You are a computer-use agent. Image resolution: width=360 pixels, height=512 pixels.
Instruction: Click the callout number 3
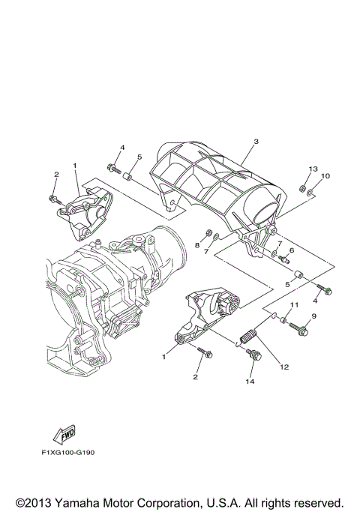click(x=255, y=142)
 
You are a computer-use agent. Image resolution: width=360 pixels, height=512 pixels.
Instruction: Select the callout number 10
click(x=325, y=176)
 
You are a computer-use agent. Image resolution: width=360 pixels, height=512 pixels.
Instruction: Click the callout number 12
click(x=283, y=367)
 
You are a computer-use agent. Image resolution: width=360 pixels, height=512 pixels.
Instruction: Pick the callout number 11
click(x=294, y=304)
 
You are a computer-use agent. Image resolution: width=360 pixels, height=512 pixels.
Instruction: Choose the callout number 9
click(x=314, y=317)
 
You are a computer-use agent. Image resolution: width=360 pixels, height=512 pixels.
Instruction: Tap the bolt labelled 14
click(x=253, y=354)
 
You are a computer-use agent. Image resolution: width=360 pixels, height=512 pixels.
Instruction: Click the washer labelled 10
click(x=310, y=194)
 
